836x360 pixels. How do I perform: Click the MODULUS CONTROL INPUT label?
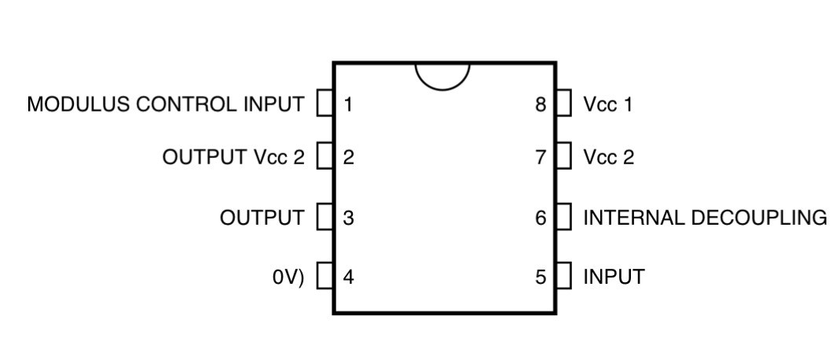pos(166,104)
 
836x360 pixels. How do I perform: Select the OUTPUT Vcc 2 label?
pos(233,157)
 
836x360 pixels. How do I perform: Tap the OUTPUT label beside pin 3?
pos(262,218)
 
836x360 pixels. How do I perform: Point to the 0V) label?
pos(288,277)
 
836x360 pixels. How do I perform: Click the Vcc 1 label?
pos(608,105)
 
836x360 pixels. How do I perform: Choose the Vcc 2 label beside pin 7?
pos(609,157)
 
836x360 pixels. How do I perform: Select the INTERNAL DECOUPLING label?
pos(706,218)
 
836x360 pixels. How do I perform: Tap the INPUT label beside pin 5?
pos(614,277)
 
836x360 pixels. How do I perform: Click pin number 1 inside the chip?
pos(348,105)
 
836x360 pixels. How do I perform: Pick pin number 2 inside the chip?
pos(348,157)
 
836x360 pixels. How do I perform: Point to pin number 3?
pos(348,218)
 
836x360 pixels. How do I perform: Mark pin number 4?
pos(348,277)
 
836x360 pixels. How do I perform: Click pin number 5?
pos(541,277)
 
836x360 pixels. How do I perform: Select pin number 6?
pos(541,218)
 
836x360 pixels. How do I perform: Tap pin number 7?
pos(541,157)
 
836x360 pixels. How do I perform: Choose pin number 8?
pos(541,105)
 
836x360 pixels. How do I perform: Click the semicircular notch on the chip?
pos(442,89)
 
